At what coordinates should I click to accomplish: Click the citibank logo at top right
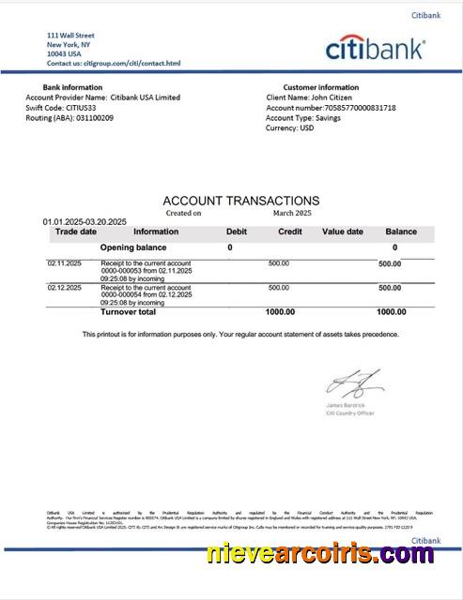[x=375, y=48]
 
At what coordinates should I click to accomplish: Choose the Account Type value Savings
[x=330, y=118]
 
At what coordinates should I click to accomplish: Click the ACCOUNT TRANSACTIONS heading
[x=240, y=201]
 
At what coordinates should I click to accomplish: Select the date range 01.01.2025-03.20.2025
[x=85, y=221]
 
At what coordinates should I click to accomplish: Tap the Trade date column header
[x=75, y=232]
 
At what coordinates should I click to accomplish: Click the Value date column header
[x=342, y=232]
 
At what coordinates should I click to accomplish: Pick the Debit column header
[x=237, y=232]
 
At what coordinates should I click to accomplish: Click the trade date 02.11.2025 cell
[x=65, y=263]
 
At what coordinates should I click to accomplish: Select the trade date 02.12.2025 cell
[x=65, y=288]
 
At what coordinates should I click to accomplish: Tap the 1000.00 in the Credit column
[x=280, y=311]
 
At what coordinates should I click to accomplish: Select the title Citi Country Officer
[x=349, y=412]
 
